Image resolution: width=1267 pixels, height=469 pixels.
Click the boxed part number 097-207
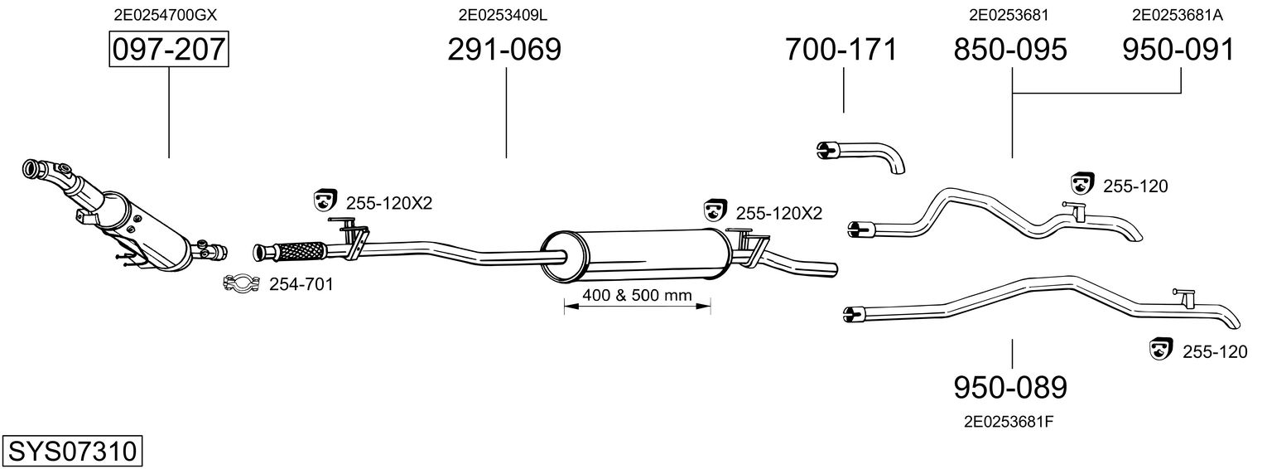pos(169,49)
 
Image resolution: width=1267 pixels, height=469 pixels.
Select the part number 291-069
pos(504,49)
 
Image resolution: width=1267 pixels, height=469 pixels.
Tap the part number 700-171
pos(841,49)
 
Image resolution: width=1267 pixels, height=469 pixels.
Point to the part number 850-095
pos(1010,49)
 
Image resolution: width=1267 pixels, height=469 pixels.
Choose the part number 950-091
pos(1178,49)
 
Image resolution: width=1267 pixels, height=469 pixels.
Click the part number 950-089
pos(1010,388)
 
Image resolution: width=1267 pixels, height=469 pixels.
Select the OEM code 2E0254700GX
pos(165,15)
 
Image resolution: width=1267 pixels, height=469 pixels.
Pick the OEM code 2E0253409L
pos(503,15)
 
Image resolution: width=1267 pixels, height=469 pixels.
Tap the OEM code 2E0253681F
pos(1009,422)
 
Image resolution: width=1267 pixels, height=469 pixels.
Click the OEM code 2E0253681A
pos(1178,15)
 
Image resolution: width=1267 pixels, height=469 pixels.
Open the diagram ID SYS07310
pos(72,452)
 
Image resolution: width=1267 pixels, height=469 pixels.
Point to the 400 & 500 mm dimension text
pos(638,295)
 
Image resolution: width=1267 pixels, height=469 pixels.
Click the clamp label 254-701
pos(301,284)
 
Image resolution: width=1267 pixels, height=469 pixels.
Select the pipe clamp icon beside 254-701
pos(241,283)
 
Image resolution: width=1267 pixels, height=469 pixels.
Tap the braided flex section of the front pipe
pos(299,251)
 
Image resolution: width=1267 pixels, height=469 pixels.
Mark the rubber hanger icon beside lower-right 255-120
pos(1161,349)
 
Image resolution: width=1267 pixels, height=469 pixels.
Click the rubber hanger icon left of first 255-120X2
pos(325,200)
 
